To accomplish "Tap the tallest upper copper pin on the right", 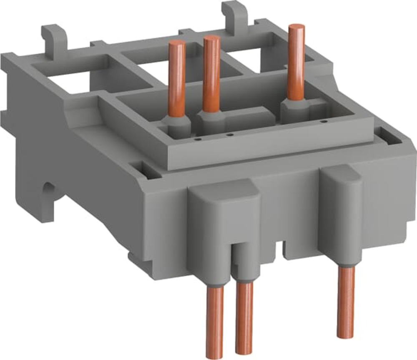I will pos(296,63).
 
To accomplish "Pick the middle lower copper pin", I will pos(244,317).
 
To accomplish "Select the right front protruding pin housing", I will pos(342,209).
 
